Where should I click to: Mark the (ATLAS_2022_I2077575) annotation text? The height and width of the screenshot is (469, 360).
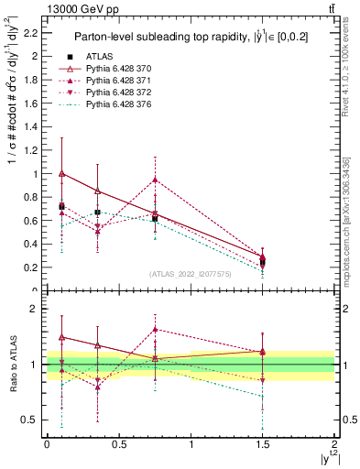[190, 274]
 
